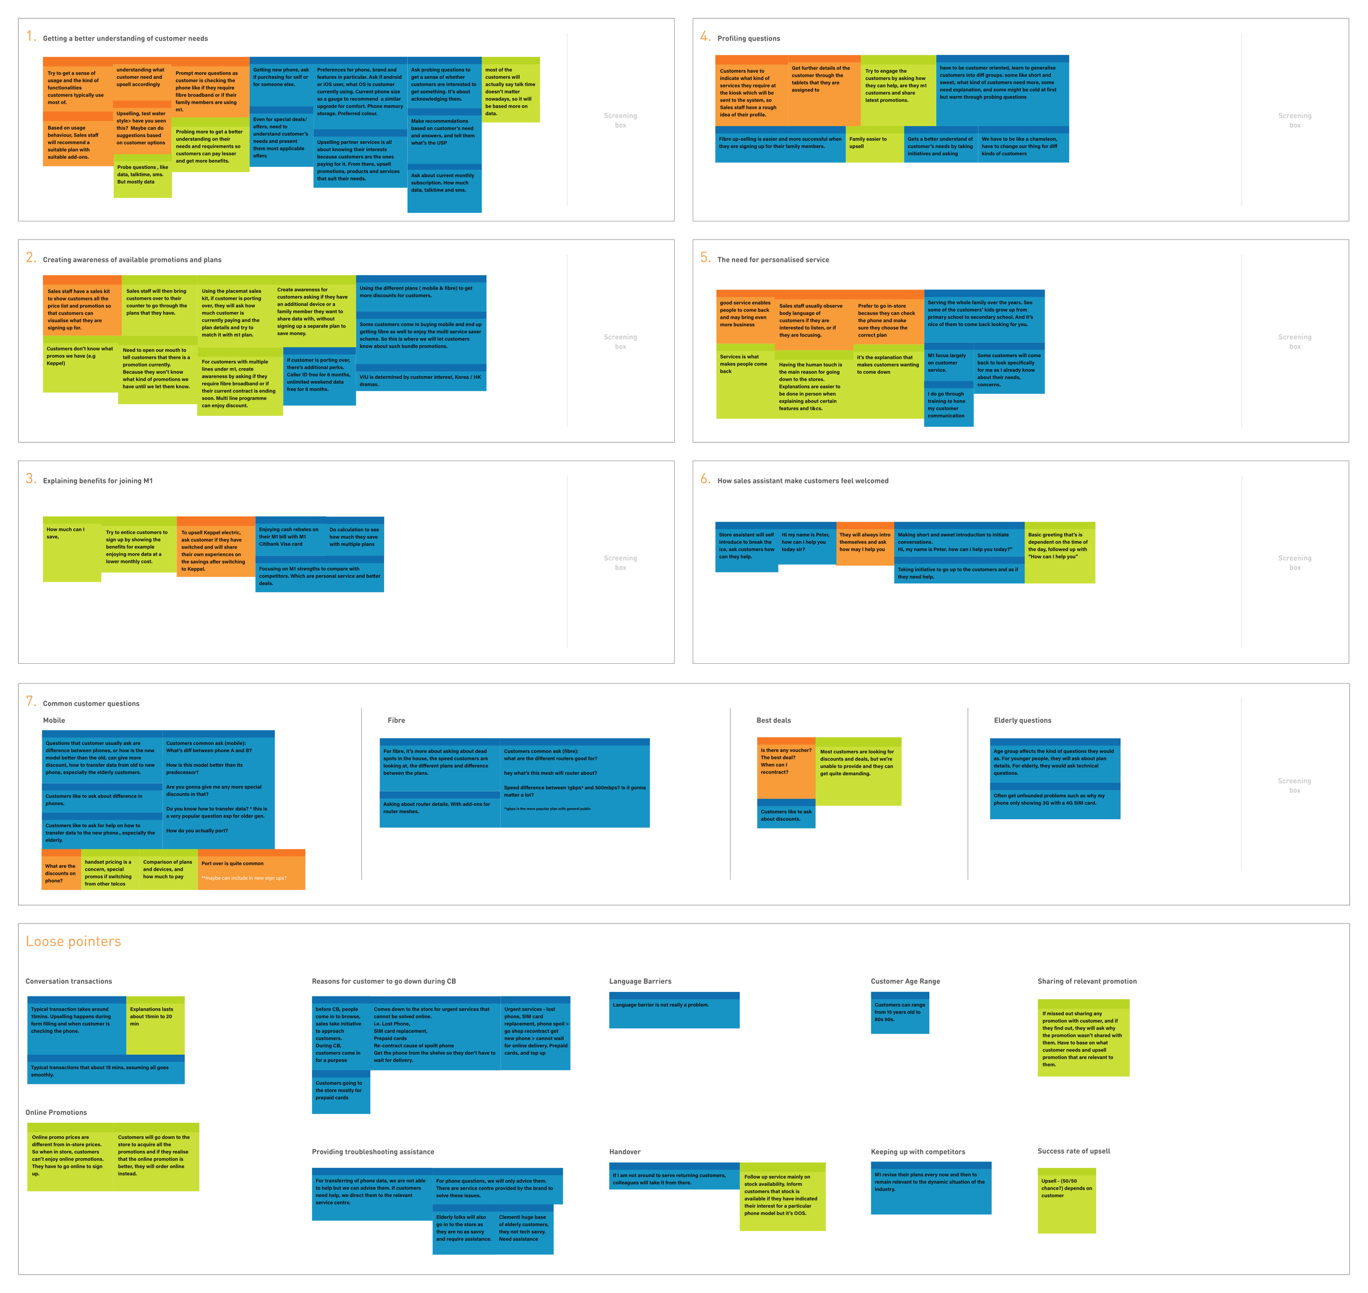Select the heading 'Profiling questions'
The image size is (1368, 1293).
coord(749,39)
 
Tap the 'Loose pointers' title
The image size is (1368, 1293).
coord(73,942)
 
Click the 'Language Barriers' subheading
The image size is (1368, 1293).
coord(640,982)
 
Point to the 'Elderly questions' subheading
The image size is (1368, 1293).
coord(1022,720)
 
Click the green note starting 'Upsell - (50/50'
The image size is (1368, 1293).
coord(1066,1200)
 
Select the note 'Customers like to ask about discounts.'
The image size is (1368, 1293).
coord(786,814)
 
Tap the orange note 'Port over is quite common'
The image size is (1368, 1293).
coord(251,871)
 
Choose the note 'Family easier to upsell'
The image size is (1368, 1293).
coord(874,145)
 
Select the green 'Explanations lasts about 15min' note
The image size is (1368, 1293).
coord(155,1024)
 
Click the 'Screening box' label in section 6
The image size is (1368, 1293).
coord(1294,563)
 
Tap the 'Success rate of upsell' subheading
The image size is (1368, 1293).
coord(1073,1151)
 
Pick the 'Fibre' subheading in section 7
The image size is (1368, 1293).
coord(396,720)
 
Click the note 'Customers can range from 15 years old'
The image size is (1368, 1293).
coord(900,1012)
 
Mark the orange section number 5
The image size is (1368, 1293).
coord(705,257)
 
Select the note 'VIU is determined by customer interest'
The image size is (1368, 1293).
coord(420,380)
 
